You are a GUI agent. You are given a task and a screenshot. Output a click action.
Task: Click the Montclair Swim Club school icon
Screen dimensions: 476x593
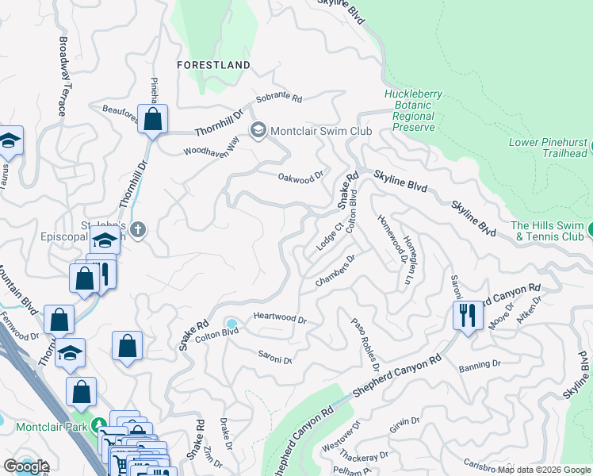[x=258, y=130]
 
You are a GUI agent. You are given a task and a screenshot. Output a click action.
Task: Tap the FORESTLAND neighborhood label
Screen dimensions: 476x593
[x=214, y=65]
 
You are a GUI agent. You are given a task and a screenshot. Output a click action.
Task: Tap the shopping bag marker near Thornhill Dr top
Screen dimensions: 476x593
[x=153, y=120]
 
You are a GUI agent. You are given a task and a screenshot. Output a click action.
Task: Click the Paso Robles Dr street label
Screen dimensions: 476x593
[x=365, y=344]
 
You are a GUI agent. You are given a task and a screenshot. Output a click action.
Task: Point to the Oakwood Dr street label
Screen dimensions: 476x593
[x=301, y=178]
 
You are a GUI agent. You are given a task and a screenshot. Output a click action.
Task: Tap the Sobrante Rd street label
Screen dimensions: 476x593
[x=278, y=100]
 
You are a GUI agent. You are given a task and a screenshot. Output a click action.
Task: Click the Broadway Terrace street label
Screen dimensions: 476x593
[x=63, y=76]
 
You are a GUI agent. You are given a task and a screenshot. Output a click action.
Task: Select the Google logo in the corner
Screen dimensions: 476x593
[x=27, y=466]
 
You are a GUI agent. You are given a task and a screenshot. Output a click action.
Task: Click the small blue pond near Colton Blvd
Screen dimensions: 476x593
[x=231, y=324]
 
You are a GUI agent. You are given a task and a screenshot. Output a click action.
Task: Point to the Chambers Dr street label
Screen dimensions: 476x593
[x=335, y=272]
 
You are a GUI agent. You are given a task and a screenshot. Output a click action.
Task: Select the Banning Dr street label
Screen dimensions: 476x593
[x=480, y=365]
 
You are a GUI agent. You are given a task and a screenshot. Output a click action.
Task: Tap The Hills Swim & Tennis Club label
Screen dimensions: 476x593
[x=548, y=231]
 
